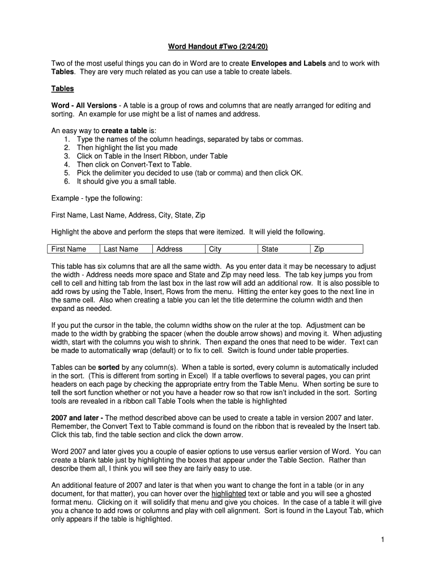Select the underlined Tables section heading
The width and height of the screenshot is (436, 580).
click(x=62, y=89)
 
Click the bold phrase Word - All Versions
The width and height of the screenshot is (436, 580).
click(x=84, y=105)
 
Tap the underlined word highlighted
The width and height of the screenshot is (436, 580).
click(x=229, y=494)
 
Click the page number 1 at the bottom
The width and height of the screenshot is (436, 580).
click(x=383, y=540)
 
